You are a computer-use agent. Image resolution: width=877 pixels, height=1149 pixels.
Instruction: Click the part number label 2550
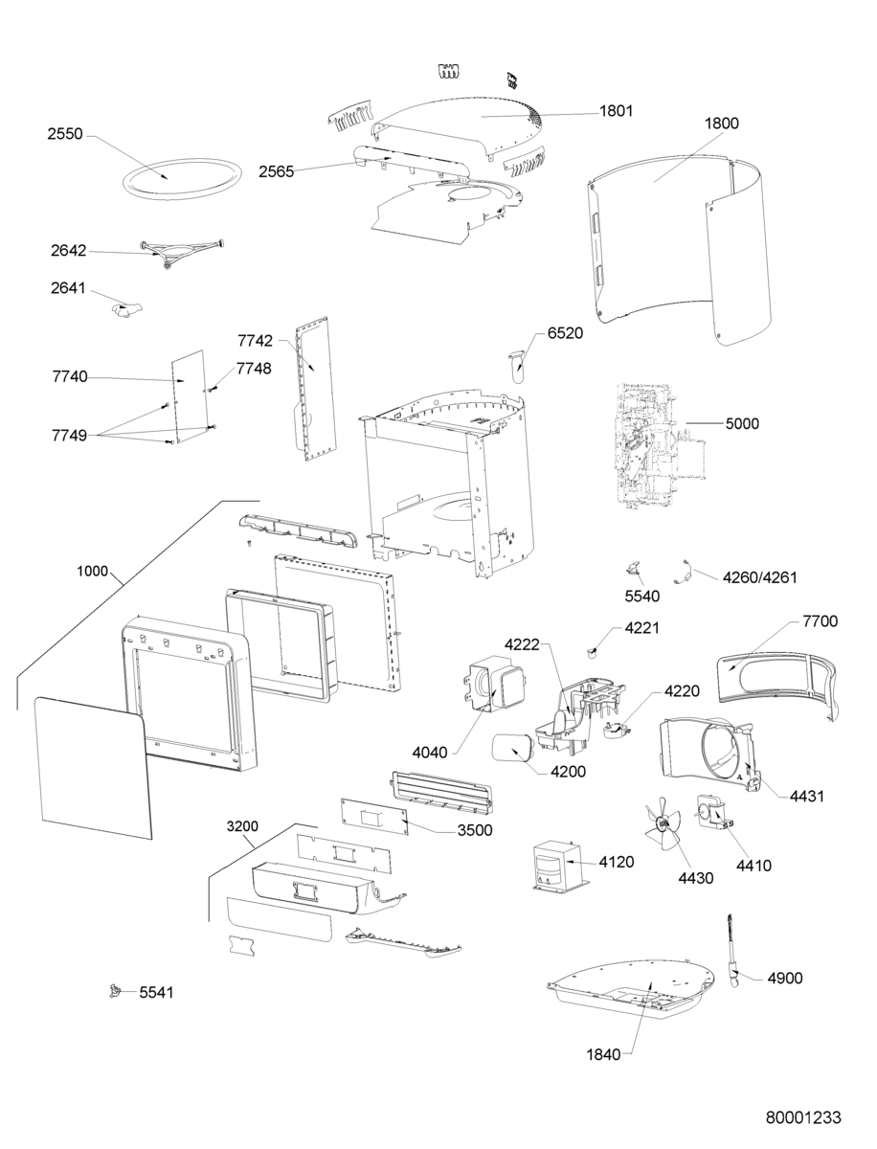[66, 136]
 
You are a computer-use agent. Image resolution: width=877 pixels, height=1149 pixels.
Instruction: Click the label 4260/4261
[759, 577]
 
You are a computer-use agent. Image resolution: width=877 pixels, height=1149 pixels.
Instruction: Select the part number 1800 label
[721, 124]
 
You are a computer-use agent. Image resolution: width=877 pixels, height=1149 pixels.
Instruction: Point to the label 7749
[68, 435]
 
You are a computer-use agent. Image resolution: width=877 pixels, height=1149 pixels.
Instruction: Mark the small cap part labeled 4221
[595, 652]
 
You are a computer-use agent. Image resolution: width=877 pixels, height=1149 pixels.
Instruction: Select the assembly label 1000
[92, 571]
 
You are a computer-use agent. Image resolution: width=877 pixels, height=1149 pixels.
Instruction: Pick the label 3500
[474, 830]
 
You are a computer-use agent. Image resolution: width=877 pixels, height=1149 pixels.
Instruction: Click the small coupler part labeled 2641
[125, 308]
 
